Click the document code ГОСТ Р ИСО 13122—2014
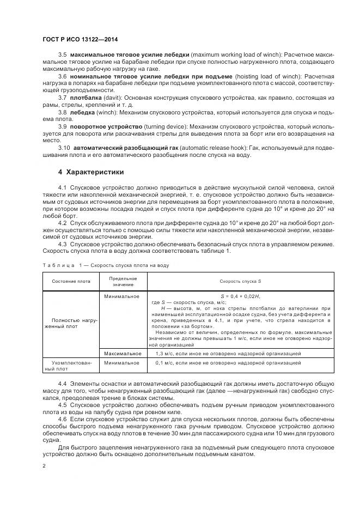(80, 40)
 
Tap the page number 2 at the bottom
(44, 466)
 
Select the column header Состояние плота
(71, 281)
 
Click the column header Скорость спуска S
(240, 281)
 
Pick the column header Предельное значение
(123, 281)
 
